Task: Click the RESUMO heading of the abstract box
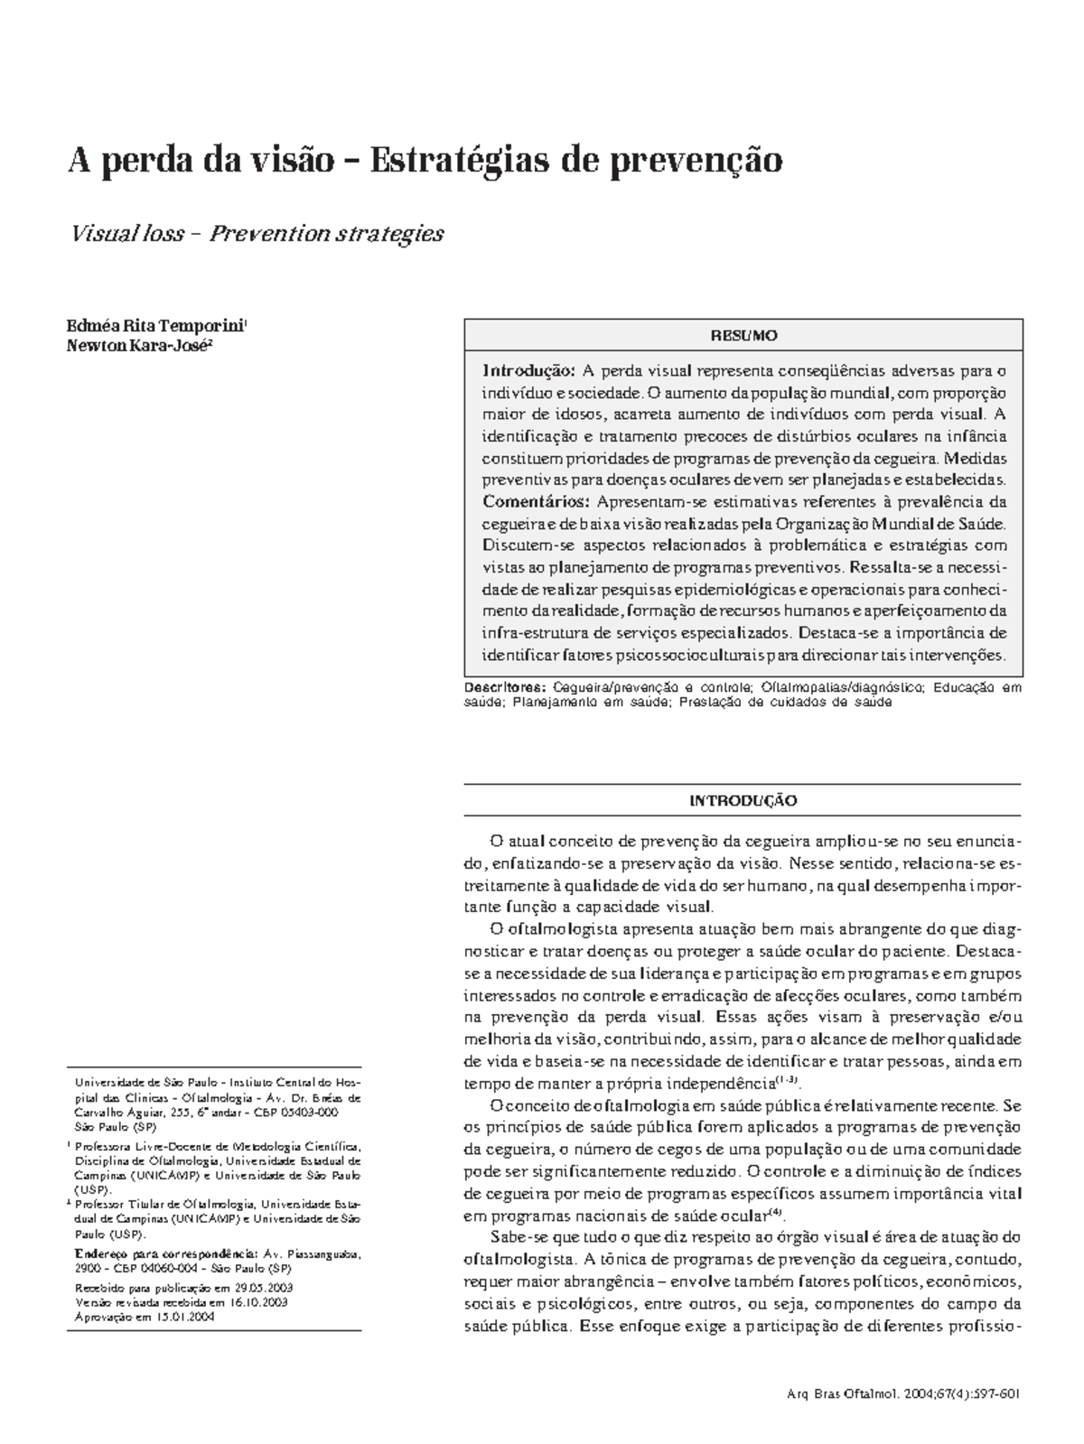(x=743, y=336)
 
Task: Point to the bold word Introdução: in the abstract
(x=528, y=371)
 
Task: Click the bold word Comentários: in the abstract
(x=536, y=502)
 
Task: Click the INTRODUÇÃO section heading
(x=743, y=801)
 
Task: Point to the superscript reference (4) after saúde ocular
(x=774, y=1211)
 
